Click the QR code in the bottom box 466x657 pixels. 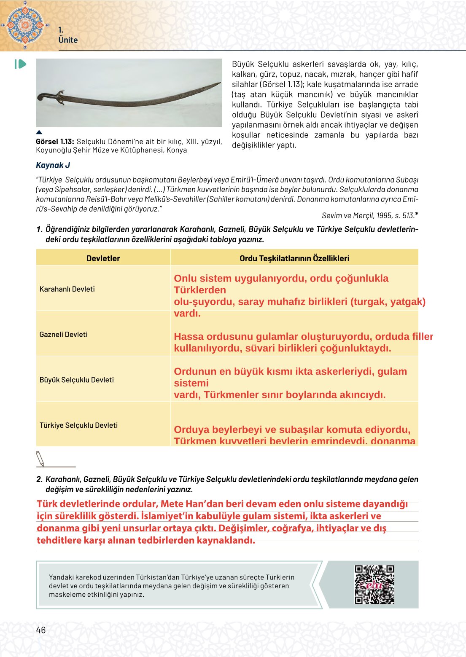tap(374, 585)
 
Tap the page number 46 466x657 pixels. tap(41, 630)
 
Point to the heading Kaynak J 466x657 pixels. tap(53, 165)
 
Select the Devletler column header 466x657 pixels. tap(103, 258)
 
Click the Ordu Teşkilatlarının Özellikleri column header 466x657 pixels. tap(294, 258)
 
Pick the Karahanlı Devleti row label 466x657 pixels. tap(67, 289)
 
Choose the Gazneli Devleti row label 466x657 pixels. tap(64, 335)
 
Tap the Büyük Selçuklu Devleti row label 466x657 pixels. tap(77, 380)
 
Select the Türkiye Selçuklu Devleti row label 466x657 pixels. tap(78, 425)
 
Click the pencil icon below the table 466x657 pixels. tap(40, 459)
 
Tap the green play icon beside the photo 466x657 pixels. tap(20, 64)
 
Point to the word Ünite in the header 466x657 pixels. tap(68, 40)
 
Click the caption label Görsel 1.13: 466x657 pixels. tap(55, 142)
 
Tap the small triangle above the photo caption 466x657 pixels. tap(39, 132)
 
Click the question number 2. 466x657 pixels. tap(39, 479)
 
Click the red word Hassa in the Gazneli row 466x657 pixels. tap(189, 337)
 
